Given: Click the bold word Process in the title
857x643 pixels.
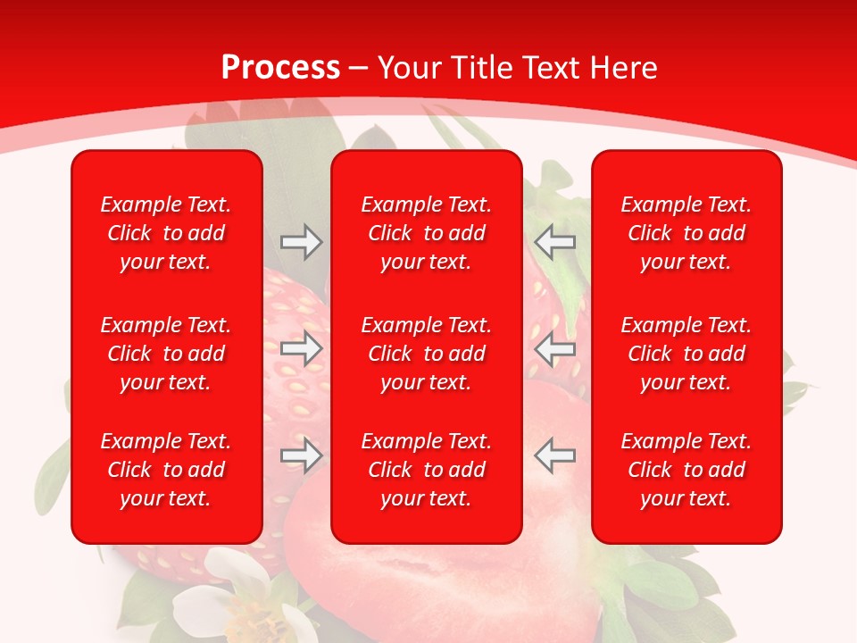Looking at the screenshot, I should coord(280,68).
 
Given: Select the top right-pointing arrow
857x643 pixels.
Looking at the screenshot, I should coord(301,242).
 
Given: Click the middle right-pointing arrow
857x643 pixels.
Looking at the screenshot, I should coord(301,348).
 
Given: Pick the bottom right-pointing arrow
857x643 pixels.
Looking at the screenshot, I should coord(301,456).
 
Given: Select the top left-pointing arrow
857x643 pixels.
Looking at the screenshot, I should coord(554,242).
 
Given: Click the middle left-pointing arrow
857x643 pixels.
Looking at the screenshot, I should coord(554,348).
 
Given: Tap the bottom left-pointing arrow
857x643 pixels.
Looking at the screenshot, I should coord(554,456).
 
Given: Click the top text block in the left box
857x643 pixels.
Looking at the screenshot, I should coord(166,233).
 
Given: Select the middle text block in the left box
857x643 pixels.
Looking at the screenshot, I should coord(166,354).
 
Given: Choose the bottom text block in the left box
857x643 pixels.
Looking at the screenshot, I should coord(166,470).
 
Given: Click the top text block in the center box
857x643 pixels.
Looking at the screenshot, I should coord(426,233).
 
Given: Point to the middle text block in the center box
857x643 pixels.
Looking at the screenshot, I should coord(426,354).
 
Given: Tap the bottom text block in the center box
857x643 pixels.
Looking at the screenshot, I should coord(426,470).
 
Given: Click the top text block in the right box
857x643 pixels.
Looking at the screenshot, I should coord(686,233).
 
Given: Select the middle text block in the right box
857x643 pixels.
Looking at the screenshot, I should coord(686,354).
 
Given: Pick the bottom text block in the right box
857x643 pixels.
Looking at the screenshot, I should coord(686,470).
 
